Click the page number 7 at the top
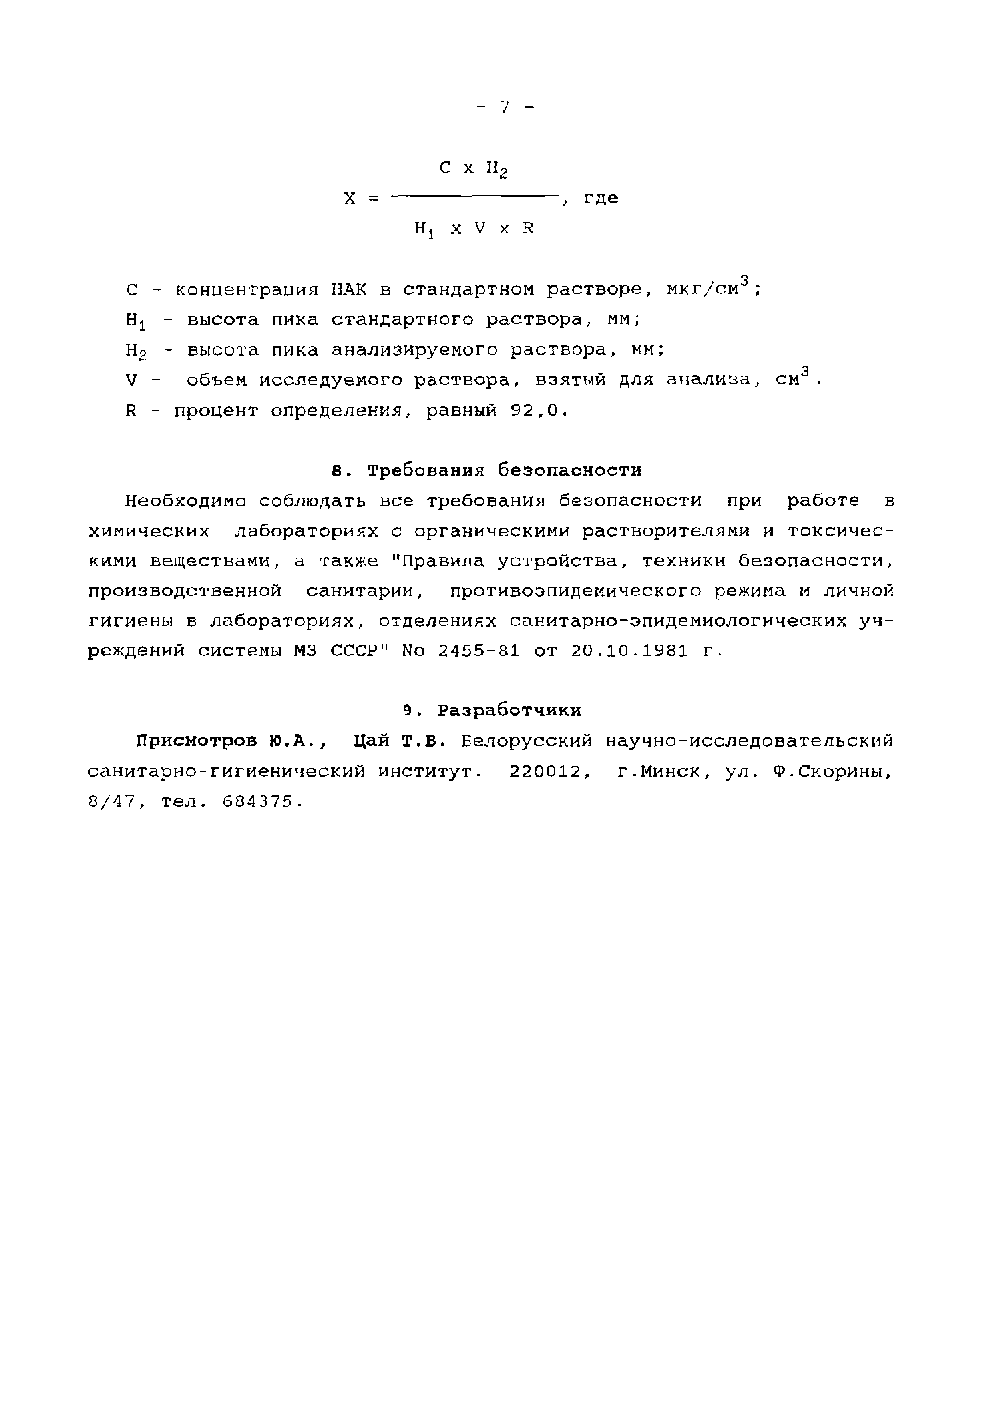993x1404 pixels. click(505, 108)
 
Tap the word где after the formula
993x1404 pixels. click(601, 198)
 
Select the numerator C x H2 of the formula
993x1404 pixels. click(474, 168)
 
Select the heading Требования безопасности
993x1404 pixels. click(505, 470)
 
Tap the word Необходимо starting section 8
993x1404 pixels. click(186, 501)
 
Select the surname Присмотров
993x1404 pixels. click(197, 741)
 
